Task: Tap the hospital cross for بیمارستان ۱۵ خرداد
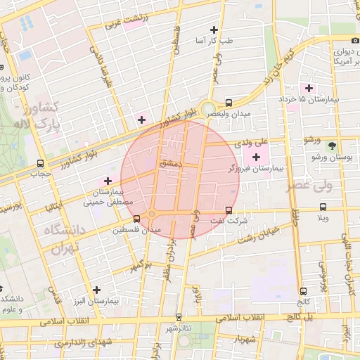point(308,88)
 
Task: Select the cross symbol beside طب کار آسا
point(214,30)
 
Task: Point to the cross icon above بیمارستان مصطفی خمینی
point(108,181)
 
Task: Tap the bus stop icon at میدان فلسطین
point(136,218)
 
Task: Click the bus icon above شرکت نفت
point(229,210)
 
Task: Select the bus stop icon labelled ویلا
point(323,207)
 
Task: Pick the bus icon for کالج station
point(303,290)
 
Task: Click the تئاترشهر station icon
point(179,317)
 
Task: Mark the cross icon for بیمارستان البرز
point(96,289)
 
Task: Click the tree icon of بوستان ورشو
point(331,146)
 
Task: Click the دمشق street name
point(170,162)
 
